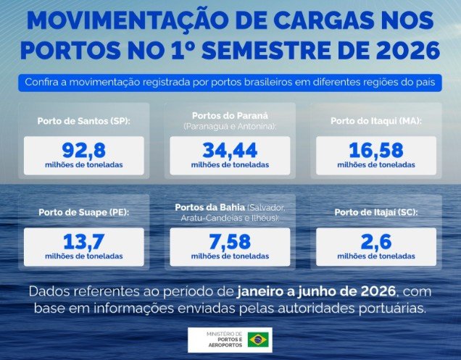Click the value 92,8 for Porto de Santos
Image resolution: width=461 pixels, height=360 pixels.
click(84, 150)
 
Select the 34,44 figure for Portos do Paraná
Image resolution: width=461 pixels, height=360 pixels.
click(230, 150)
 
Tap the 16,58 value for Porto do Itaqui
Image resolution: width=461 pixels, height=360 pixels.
click(376, 150)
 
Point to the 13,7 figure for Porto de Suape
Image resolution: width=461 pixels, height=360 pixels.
click(84, 241)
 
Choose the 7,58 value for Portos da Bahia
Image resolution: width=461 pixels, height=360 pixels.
click(230, 241)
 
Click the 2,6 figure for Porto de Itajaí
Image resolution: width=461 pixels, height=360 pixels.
click(376, 241)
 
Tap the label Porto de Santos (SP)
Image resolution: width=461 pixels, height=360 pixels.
click(84, 121)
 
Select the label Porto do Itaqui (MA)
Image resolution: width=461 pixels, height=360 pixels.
click(376, 121)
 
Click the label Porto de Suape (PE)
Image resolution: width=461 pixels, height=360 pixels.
click(84, 212)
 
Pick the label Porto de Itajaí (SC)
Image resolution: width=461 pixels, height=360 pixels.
click(376, 212)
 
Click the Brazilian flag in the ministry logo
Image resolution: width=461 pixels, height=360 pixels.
click(258, 340)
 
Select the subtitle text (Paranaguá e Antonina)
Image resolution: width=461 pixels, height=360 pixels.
click(230, 127)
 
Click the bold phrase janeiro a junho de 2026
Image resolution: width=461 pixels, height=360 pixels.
click(316, 291)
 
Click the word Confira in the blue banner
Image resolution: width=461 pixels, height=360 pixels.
click(42, 82)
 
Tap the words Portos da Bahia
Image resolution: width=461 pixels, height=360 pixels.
click(210, 207)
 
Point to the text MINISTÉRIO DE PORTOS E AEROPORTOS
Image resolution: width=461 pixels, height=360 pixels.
click(225, 340)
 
